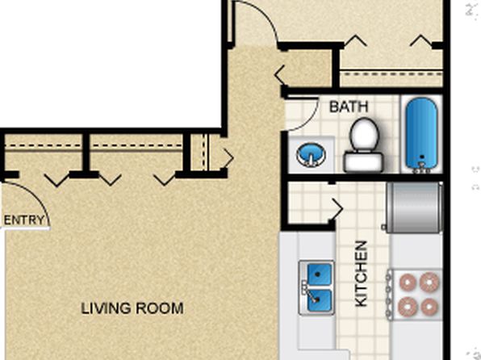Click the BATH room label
point(349,107)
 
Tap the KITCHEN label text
point(361,274)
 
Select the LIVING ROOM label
point(132,308)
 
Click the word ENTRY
point(24,220)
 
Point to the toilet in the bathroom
point(363,144)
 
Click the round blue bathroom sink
point(311,155)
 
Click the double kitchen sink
point(316,287)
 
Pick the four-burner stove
point(415,295)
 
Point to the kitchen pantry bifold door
point(336,209)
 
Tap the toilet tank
point(363,162)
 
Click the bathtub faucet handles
point(421,170)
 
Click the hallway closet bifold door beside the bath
point(280,75)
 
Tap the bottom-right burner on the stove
point(429,307)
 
